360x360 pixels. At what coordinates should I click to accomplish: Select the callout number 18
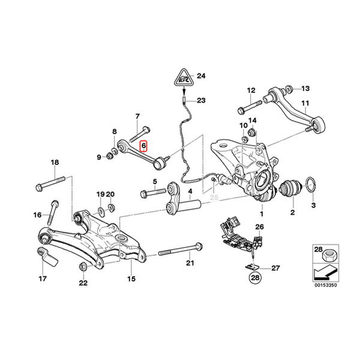[55, 163]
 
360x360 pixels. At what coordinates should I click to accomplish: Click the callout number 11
[307, 103]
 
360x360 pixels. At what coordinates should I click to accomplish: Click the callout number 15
[131, 278]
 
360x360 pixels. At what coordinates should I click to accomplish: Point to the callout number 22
[82, 283]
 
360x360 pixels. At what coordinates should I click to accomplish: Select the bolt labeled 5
[152, 193]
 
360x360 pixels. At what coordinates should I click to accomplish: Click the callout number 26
[259, 226]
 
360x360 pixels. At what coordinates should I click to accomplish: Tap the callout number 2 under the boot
[292, 212]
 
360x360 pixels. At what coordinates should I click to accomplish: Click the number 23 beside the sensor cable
[200, 100]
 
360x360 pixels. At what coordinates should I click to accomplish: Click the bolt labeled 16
[53, 210]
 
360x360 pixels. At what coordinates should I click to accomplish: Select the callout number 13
[305, 88]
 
